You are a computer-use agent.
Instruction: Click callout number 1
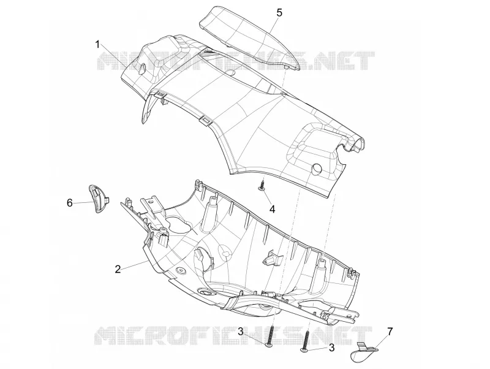pos(98,45)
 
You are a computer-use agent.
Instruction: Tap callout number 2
pos(118,269)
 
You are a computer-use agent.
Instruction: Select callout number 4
pos(273,209)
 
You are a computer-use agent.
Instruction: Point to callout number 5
pos(279,13)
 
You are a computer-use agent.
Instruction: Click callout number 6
pos(70,203)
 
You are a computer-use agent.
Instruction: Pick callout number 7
pos(390,331)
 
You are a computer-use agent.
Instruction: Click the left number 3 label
pos(241,331)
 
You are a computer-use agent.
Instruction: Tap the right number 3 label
pos(331,348)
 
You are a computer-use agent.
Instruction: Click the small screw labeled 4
pos(261,185)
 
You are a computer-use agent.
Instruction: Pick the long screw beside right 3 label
pos(306,341)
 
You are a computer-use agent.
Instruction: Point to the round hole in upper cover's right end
pos(317,168)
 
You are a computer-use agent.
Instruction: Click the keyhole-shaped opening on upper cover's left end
pos(143,68)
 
